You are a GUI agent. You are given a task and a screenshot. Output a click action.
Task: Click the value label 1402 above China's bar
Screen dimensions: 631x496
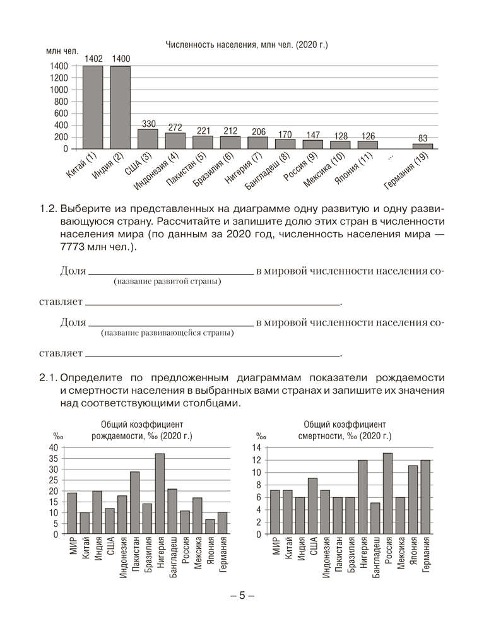click(x=93, y=59)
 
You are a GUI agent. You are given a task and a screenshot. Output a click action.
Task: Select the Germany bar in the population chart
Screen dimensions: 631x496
click(x=423, y=146)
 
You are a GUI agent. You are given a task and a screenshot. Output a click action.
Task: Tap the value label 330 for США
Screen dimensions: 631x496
click(x=148, y=123)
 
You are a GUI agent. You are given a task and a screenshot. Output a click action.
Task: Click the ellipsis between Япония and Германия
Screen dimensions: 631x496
click(x=391, y=154)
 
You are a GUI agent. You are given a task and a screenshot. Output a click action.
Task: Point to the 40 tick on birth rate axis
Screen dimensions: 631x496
click(x=54, y=447)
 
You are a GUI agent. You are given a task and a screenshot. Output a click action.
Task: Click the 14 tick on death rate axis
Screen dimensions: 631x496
click(x=256, y=447)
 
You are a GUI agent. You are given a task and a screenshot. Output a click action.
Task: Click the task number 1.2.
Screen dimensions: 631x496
click(x=48, y=208)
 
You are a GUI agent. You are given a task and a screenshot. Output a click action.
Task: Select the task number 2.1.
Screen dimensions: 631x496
click(x=48, y=378)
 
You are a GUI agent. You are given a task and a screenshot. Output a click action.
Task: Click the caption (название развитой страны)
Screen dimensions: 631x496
click(x=167, y=281)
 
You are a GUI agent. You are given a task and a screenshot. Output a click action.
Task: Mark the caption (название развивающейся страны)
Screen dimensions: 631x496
click(x=167, y=333)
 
